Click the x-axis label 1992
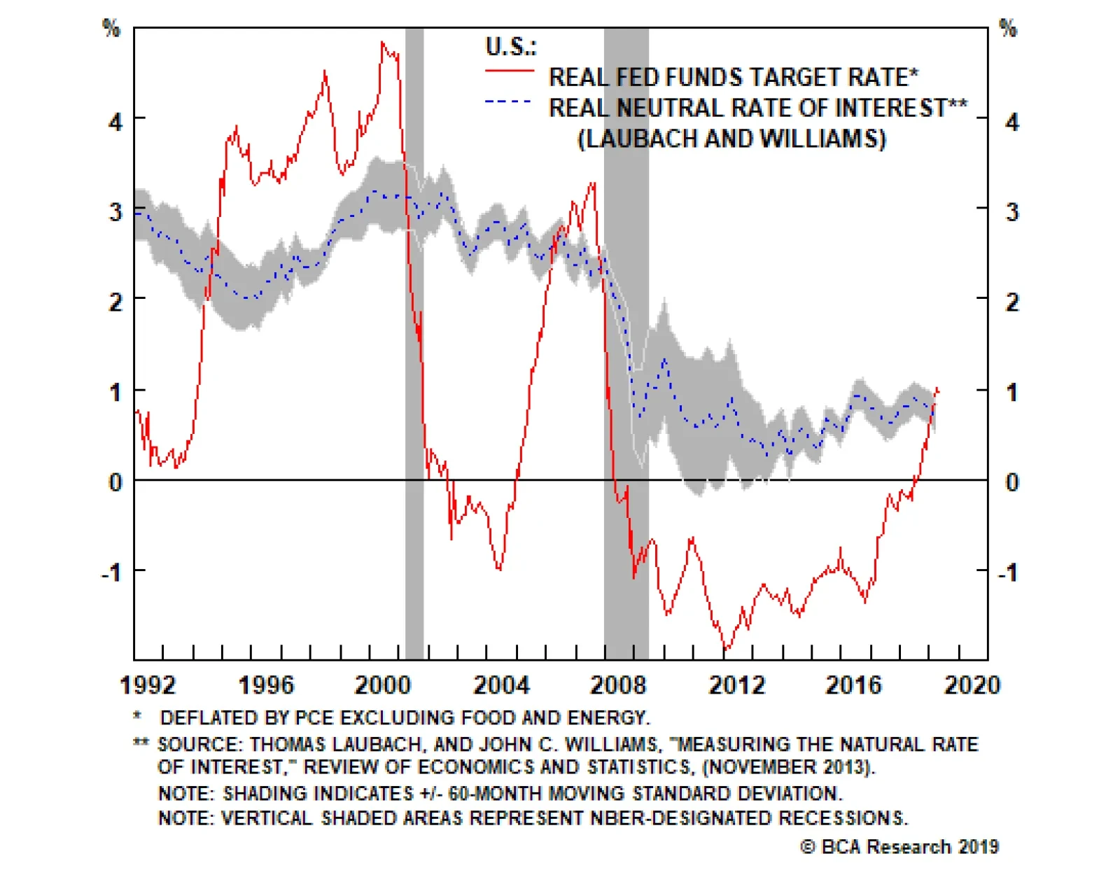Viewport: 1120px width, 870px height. [148, 685]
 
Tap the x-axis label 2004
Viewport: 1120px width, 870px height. [501, 685]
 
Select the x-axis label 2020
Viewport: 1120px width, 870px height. [972, 685]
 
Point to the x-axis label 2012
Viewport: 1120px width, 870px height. [737, 685]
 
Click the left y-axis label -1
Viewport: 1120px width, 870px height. [112, 573]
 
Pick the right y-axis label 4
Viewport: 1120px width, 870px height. [1011, 122]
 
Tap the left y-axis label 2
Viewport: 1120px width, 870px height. [115, 302]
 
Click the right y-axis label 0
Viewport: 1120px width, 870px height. [1011, 482]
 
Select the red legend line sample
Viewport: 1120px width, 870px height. [509, 71]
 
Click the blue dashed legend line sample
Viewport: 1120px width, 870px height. [509, 102]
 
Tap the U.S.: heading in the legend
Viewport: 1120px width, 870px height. [511, 46]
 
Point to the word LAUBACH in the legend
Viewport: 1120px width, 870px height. [640, 139]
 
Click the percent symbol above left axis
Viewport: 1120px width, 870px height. [111, 28]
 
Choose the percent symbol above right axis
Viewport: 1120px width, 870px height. [1008, 28]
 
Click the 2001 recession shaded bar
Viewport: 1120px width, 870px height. [414, 350]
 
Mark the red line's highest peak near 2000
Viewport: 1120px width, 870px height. [382, 43]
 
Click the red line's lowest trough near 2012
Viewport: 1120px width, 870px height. [726, 650]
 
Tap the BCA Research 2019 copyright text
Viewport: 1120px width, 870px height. [899, 846]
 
